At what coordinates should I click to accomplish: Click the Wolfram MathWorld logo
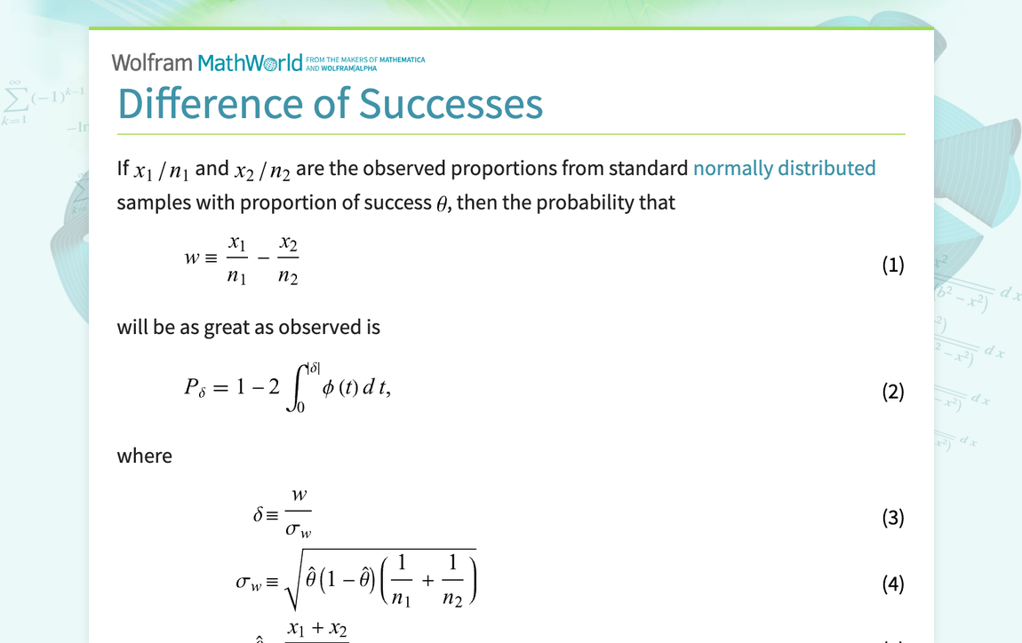click(207, 62)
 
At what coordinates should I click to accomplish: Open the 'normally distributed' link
click(784, 168)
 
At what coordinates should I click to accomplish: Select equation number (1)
click(892, 265)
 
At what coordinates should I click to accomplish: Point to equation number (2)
click(892, 392)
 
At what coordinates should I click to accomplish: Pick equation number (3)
click(892, 518)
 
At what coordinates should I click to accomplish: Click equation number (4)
click(892, 583)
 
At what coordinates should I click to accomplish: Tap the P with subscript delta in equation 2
click(194, 388)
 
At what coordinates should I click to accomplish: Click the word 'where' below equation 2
click(145, 456)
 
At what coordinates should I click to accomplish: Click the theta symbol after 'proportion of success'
click(442, 203)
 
